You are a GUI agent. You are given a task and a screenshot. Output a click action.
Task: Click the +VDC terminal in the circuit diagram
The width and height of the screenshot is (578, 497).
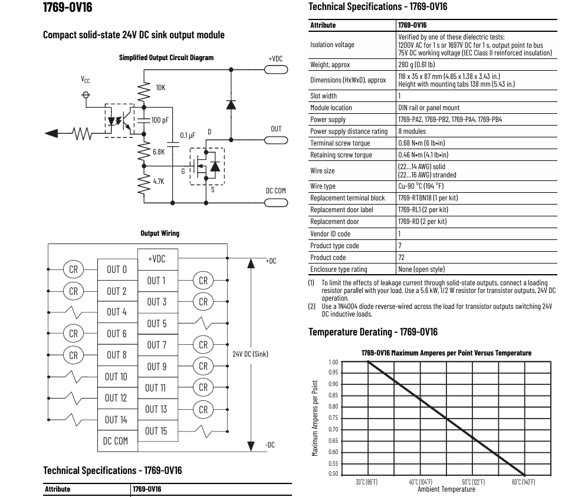[276, 70]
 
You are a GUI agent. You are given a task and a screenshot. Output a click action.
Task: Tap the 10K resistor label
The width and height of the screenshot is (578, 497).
[160, 88]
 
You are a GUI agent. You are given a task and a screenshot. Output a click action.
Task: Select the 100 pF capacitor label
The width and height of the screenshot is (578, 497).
[160, 120]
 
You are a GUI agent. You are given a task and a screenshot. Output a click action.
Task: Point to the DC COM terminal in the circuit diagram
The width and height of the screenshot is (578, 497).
[276, 202]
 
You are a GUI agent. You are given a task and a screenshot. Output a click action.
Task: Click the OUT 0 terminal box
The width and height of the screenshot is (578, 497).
[117, 269]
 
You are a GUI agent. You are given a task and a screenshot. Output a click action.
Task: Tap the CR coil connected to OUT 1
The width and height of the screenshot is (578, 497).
[203, 281]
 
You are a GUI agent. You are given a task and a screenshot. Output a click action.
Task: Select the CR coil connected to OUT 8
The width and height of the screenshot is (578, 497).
[73, 355]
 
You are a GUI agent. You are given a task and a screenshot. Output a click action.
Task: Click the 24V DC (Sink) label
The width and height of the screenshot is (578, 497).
[250, 354]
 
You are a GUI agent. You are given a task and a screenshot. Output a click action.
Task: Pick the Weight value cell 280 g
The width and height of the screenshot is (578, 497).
[416, 64]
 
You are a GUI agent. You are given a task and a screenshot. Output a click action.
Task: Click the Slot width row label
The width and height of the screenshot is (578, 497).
[323, 96]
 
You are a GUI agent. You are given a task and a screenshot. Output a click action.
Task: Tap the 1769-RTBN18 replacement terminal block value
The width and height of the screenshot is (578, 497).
[428, 198]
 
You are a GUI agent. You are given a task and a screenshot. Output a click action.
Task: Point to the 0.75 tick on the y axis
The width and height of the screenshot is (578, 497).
[333, 418]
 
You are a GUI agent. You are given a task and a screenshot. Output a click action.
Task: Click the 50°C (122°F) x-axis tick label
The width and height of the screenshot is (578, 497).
[473, 482]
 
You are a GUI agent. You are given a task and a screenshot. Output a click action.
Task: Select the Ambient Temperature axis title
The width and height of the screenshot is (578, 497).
[446, 489]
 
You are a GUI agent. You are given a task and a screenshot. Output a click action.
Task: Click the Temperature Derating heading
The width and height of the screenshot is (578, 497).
[373, 332]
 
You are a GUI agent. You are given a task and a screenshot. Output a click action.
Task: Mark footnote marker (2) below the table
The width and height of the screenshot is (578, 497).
[312, 306]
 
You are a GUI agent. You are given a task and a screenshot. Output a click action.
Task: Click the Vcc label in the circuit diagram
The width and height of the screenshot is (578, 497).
[86, 80]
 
